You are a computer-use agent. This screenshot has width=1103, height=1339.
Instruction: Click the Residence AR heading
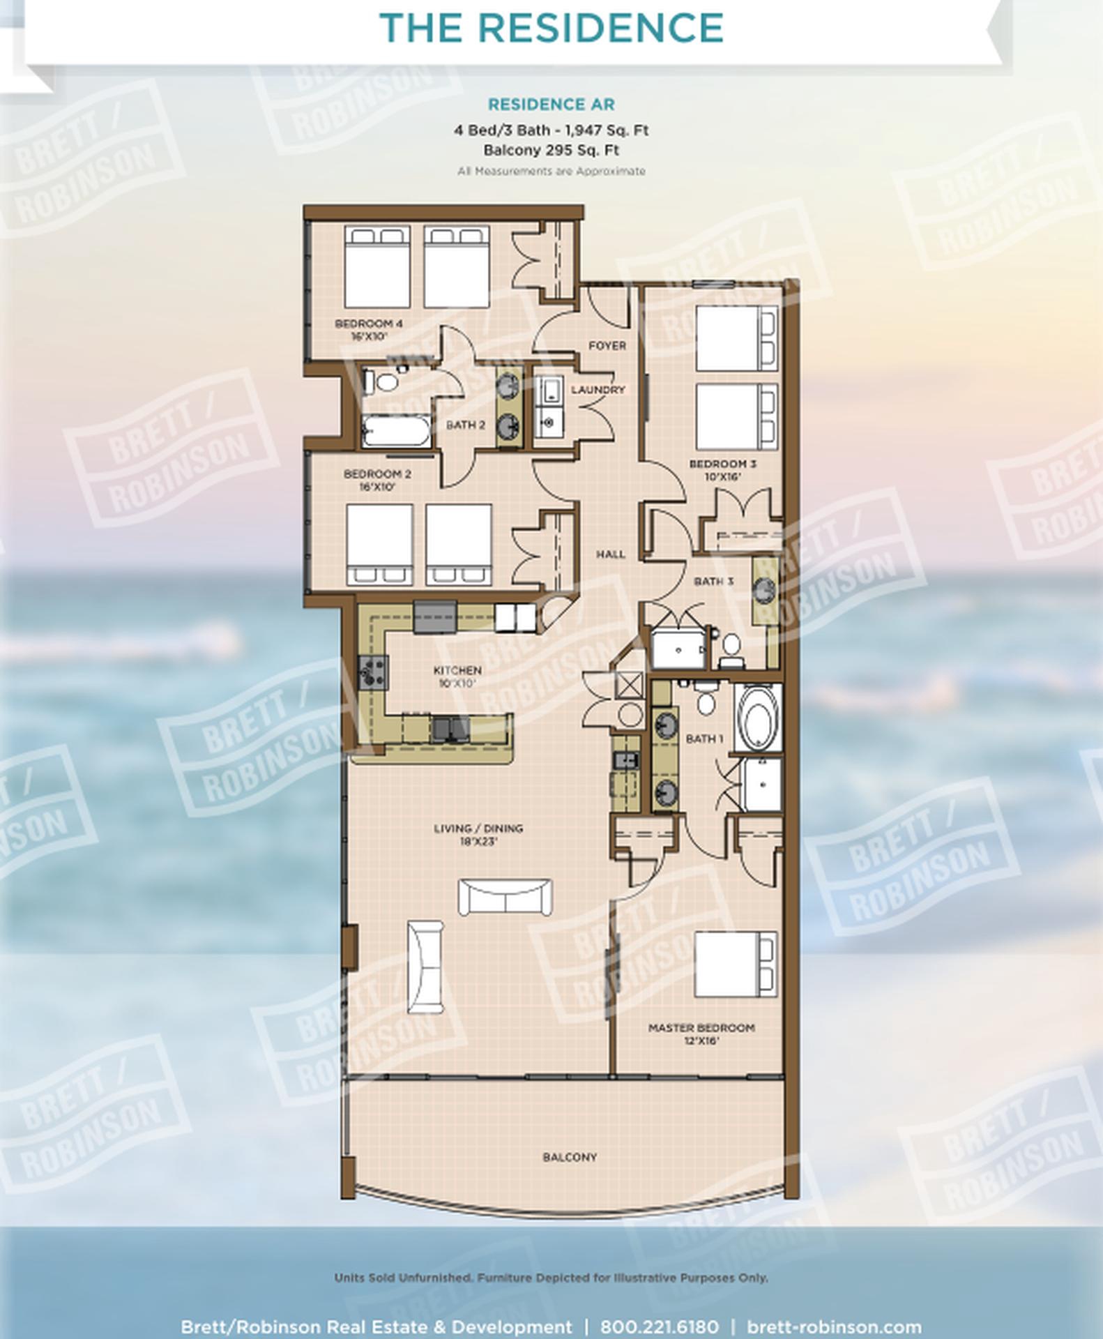[x=551, y=105]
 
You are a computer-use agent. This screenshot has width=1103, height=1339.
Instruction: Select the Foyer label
[x=607, y=345]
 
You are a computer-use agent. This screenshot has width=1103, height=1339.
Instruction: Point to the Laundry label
[x=598, y=389]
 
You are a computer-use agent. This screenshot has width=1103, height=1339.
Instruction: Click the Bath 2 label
[x=466, y=424]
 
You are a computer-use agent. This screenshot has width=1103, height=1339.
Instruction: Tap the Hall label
[x=610, y=554]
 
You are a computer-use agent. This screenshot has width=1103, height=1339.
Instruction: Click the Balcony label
[x=570, y=1157]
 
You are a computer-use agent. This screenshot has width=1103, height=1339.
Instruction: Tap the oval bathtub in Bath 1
[x=757, y=718]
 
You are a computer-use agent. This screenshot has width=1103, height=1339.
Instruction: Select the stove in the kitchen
[x=373, y=672]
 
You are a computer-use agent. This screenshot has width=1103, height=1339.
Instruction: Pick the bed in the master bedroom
[x=736, y=964]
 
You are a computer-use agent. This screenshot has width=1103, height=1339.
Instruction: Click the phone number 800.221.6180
[x=659, y=1327]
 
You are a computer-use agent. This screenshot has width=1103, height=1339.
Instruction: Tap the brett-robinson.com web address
[x=834, y=1327]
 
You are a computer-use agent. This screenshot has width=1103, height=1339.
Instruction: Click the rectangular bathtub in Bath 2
[x=397, y=430]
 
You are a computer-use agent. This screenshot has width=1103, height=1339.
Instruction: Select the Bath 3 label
[x=713, y=580]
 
